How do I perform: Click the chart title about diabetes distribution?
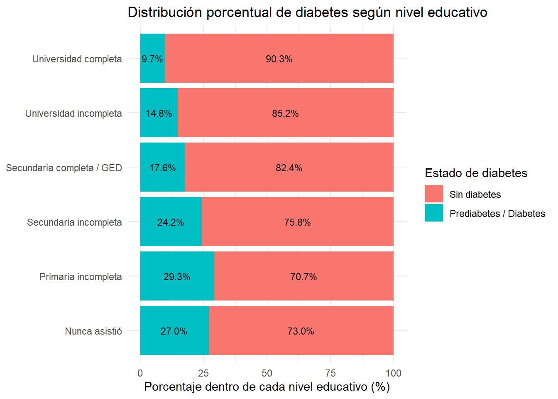307,12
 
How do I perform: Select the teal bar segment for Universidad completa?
152,71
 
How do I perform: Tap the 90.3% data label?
279,59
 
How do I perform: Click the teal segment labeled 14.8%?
159,125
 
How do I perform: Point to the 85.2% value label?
285,113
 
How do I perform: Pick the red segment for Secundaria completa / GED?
289,179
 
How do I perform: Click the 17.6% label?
162,168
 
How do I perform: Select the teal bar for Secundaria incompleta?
171,233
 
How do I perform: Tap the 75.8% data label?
297,222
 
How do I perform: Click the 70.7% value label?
303,277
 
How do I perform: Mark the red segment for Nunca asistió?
301,343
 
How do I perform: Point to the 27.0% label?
174,331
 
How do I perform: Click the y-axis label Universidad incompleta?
73,113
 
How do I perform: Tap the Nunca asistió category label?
93,331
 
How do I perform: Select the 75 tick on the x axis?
330,373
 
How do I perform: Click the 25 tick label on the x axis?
203,373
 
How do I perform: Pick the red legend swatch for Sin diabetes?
434,194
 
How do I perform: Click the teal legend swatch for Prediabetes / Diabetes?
434,213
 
